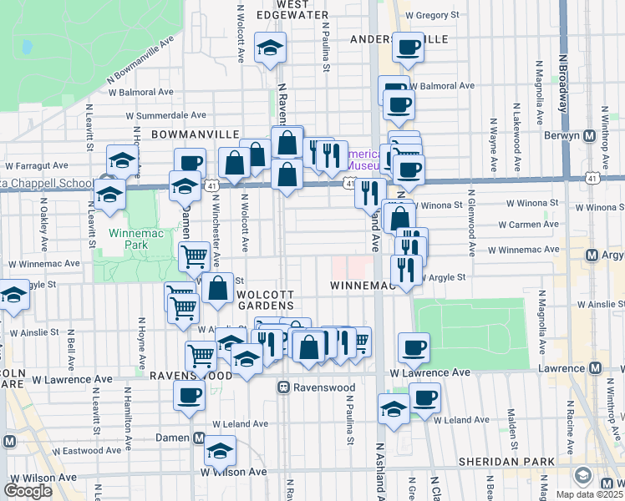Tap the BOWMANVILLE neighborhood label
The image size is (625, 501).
[196, 134]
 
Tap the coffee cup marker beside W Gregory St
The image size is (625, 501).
[408, 47]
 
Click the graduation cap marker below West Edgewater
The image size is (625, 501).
[270, 48]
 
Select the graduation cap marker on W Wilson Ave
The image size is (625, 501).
[221, 452]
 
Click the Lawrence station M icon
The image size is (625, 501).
[596, 368]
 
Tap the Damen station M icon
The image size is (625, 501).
[199, 438]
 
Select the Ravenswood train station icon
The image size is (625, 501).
[284, 387]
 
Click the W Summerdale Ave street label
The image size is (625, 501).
[165, 116]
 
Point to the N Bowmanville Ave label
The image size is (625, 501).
[141, 59]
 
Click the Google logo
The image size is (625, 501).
[29, 490]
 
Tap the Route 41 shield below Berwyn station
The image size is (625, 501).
[591, 177]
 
